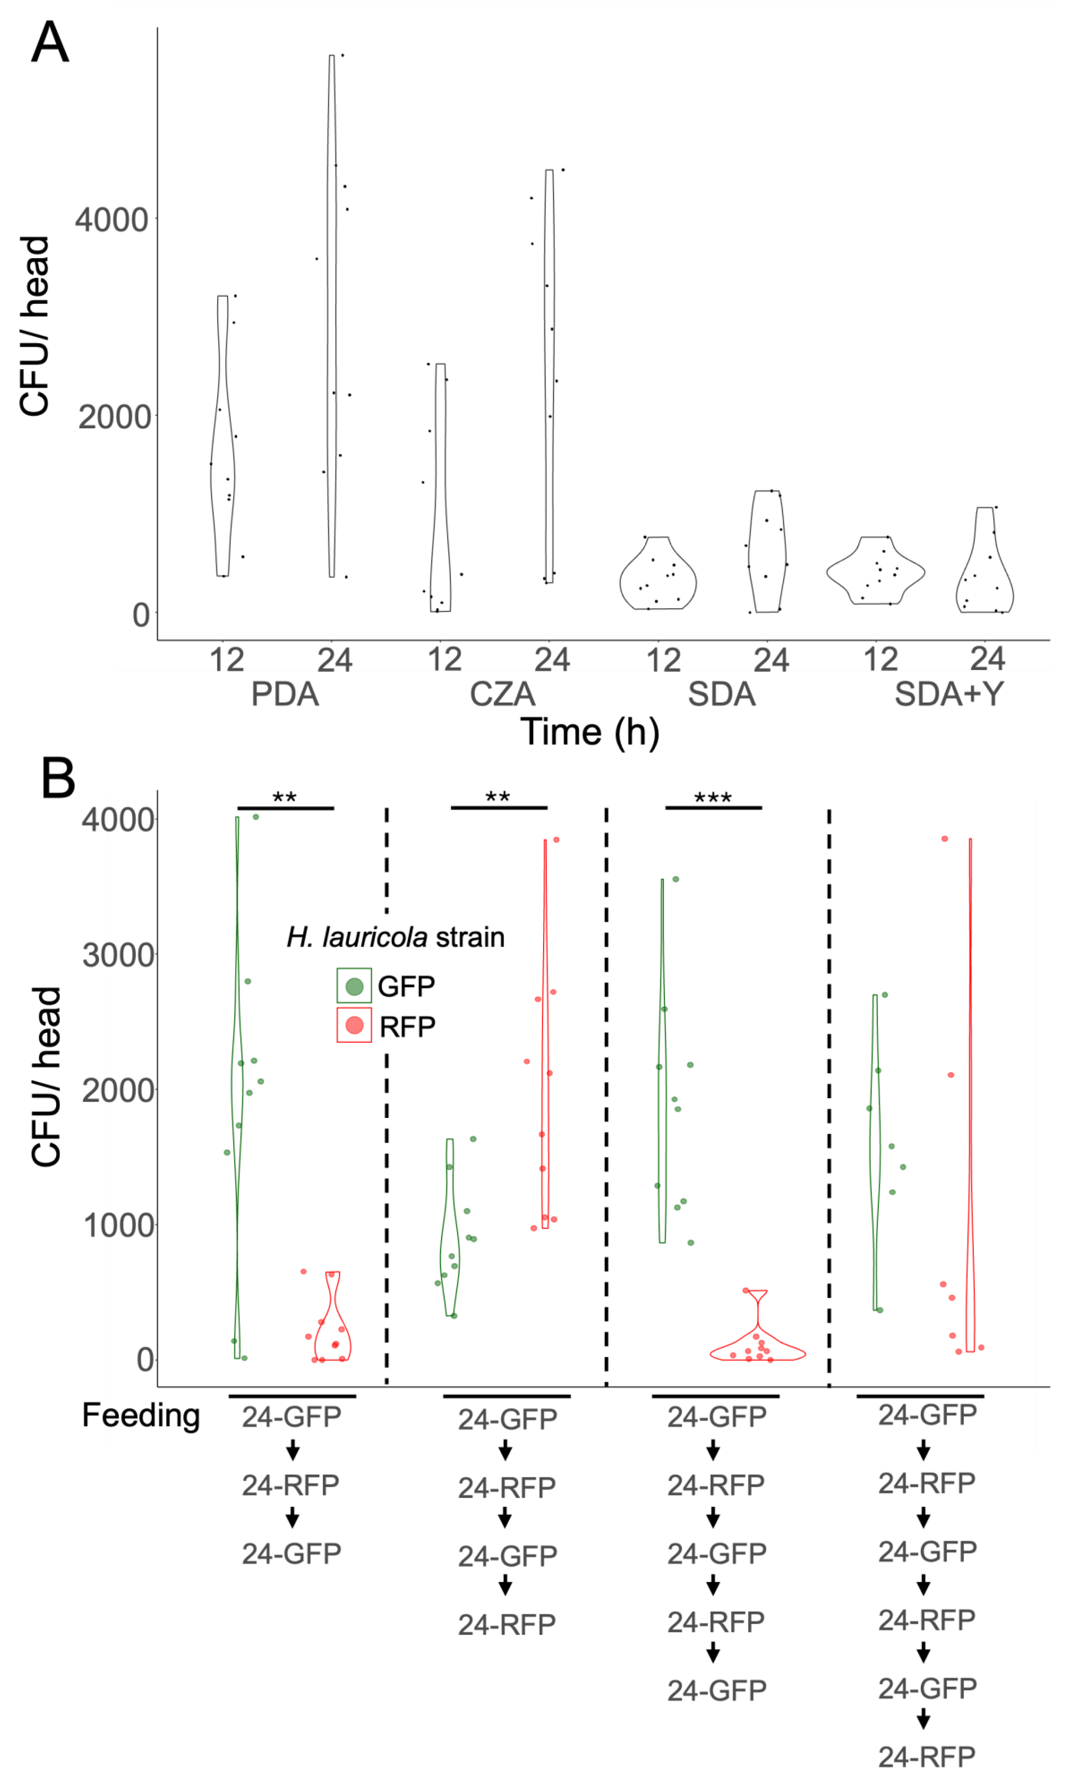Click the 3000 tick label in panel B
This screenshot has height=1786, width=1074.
pyautogui.click(x=118, y=955)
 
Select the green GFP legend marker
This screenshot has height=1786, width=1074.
pyautogui.click(x=354, y=986)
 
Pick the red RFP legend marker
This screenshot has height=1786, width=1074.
pyautogui.click(x=354, y=1025)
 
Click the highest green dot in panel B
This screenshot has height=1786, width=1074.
pyautogui.click(x=256, y=817)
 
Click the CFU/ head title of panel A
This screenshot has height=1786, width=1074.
pyautogui.click(x=34, y=326)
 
